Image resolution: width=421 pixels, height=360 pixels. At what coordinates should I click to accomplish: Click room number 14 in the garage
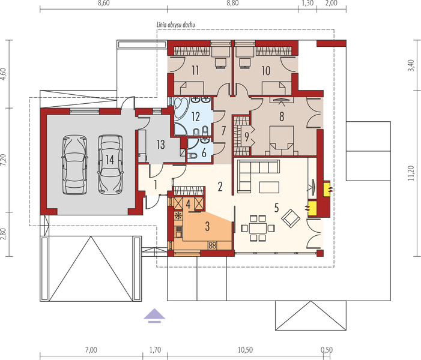(109, 159)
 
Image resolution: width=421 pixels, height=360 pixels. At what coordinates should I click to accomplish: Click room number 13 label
(160, 144)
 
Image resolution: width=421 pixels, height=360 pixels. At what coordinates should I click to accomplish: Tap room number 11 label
(195, 70)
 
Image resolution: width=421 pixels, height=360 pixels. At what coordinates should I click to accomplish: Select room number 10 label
(266, 70)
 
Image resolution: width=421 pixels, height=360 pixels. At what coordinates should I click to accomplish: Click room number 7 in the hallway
(222, 130)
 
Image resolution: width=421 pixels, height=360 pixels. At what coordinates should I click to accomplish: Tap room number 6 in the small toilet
(204, 153)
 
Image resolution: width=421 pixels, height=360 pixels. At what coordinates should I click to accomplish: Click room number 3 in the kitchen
(207, 226)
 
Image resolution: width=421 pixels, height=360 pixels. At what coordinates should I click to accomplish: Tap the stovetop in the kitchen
(212, 244)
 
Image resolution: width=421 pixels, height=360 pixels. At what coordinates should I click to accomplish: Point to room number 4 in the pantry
(189, 204)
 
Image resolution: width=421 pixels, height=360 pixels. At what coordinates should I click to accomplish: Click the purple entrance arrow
(154, 315)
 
